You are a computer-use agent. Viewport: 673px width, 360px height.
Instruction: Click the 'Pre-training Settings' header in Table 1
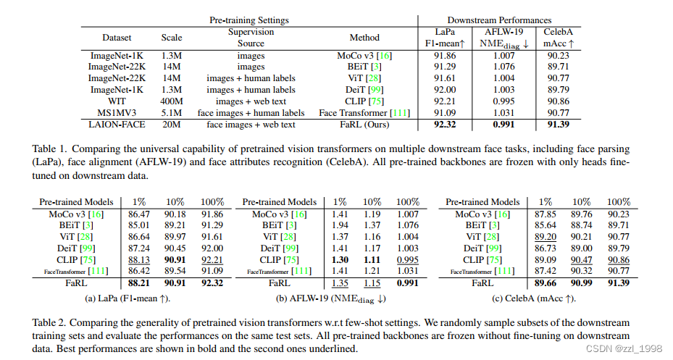coord(248,20)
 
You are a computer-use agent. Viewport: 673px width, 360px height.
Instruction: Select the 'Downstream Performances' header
coord(499,20)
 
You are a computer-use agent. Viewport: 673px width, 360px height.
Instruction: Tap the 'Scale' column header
coord(172,38)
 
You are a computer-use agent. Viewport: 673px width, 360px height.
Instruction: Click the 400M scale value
coord(172,101)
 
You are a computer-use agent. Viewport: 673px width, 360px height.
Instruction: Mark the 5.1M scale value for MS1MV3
coord(172,113)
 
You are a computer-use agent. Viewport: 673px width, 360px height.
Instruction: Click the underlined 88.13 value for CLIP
coord(139,259)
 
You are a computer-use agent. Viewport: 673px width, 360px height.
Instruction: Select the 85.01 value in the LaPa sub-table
coord(139,225)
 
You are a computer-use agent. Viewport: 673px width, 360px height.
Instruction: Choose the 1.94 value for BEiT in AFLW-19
coord(339,225)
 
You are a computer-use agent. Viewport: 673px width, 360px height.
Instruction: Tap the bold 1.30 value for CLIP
coord(339,259)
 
